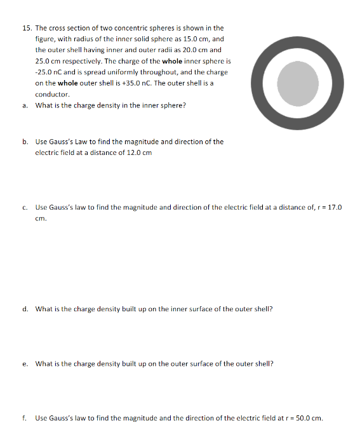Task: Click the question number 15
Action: click(x=26, y=29)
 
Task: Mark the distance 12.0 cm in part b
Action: click(x=138, y=152)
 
